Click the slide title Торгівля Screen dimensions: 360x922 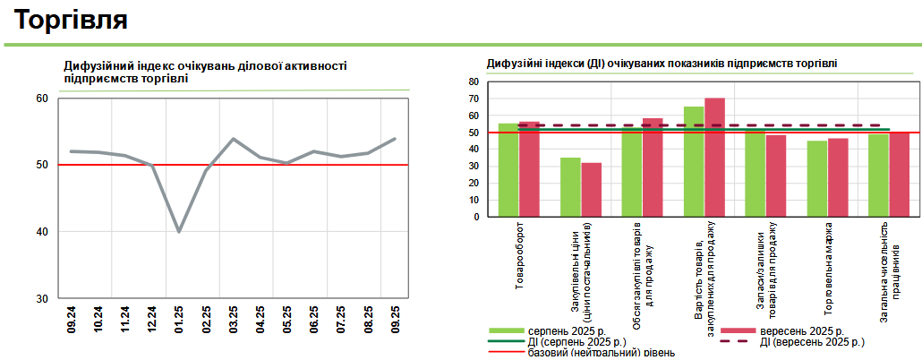tap(73, 19)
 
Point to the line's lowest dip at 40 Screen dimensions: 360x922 tap(179, 231)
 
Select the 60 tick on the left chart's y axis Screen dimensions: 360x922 tap(42, 99)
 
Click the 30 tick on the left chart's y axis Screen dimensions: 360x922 tap(42, 298)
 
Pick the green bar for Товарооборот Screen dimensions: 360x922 tap(508, 170)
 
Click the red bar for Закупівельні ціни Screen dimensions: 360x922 tap(592, 190)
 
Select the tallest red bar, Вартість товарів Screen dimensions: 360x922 tap(714, 158)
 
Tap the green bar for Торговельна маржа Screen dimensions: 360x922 tap(817, 179)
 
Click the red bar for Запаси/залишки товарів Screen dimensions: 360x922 tap(776, 176)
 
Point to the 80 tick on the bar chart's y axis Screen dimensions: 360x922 tap(474, 81)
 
